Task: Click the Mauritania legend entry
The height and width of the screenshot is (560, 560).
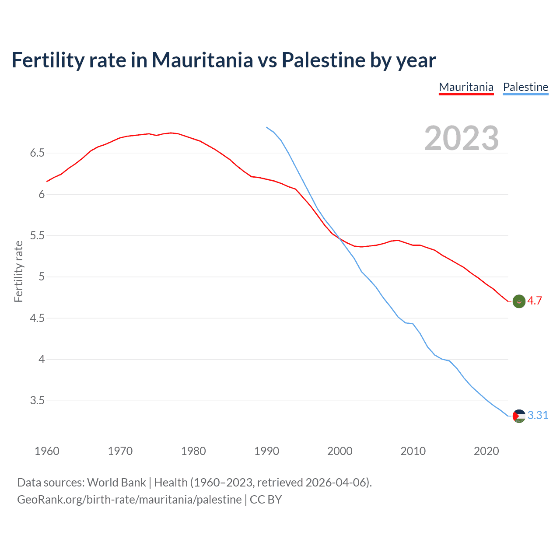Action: [466, 87]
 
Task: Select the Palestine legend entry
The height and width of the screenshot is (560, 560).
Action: [525, 87]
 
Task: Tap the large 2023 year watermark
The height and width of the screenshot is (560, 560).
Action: [462, 138]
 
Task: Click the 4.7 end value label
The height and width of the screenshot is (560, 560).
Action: [535, 301]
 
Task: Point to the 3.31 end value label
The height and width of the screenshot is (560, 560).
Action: [538, 415]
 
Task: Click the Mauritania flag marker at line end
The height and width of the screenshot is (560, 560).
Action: [519, 301]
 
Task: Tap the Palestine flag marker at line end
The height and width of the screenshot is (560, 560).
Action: [519, 416]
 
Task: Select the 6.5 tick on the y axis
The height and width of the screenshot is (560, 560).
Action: [37, 153]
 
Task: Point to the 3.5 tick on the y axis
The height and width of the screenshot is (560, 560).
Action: [37, 401]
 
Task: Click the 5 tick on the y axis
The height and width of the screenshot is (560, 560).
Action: [42, 277]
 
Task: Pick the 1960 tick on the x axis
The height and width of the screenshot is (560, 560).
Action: [47, 451]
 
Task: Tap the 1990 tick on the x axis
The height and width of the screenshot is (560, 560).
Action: [266, 451]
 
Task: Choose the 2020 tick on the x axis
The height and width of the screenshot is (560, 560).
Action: [486, 451]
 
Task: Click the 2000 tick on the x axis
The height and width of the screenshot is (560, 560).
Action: [339, 451]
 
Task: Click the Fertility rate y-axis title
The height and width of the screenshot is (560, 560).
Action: [18, 271]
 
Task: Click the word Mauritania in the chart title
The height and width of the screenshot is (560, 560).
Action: [202, 60]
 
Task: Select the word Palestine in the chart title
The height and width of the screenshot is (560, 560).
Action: [323, 60]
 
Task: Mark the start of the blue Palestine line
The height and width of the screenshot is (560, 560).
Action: [266, 127]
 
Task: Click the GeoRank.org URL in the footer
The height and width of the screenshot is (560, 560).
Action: [129, 500]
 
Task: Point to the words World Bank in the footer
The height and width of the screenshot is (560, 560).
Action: [116, 483]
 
